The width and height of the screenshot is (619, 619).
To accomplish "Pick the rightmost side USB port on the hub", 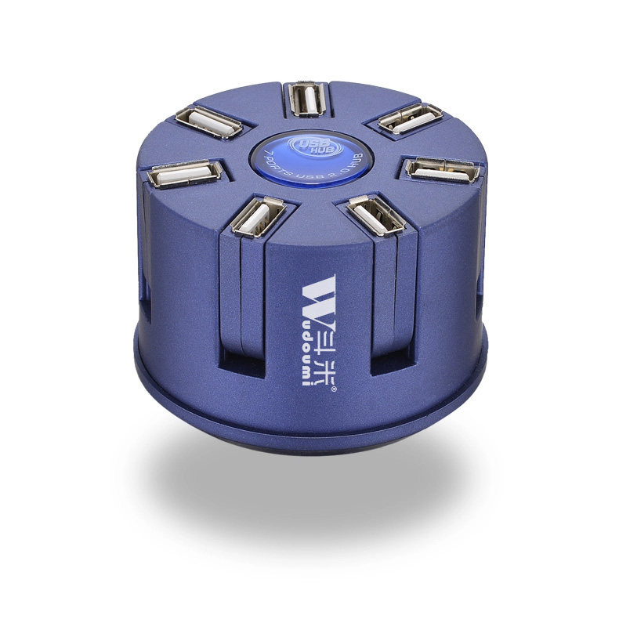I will tap(442, 170).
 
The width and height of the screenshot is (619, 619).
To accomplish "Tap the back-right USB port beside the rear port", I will tap(410, 118).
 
